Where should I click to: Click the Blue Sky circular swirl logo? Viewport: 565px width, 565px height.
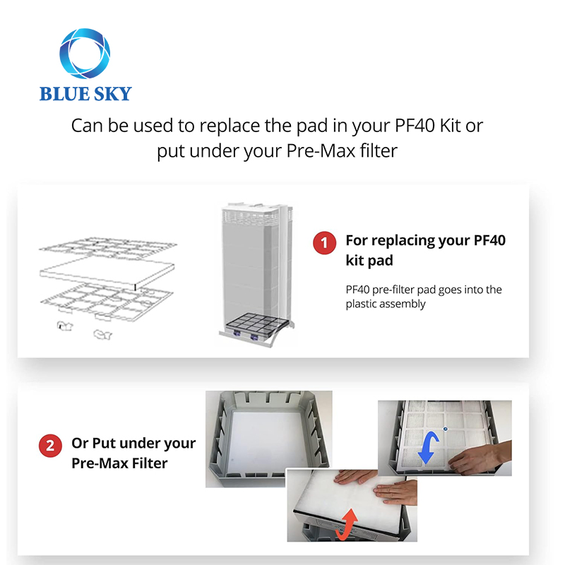click(85, 53)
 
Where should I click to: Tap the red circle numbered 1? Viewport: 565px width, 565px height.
click(324, 243)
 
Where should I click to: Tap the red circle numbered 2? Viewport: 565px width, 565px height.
click(50, 446)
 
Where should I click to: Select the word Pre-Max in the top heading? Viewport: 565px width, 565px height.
click(321, 150)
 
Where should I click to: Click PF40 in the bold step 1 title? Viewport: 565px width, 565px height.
click(489, 240)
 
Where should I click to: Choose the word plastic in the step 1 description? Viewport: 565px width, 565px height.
click(361, 304)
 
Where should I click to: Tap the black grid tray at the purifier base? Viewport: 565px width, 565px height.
click(256, 323)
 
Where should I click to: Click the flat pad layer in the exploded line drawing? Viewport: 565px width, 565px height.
click(107, 273)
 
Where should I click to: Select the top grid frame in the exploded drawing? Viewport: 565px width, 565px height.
click(107, 246)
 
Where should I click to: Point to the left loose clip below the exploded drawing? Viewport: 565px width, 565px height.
click(65, 326)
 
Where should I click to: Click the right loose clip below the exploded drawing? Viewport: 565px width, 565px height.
click(102, 335)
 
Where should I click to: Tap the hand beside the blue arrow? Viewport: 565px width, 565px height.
click(480, 455)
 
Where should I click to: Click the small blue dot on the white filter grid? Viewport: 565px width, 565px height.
click(446, 429)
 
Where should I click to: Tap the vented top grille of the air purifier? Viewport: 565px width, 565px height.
click(251, 215)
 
